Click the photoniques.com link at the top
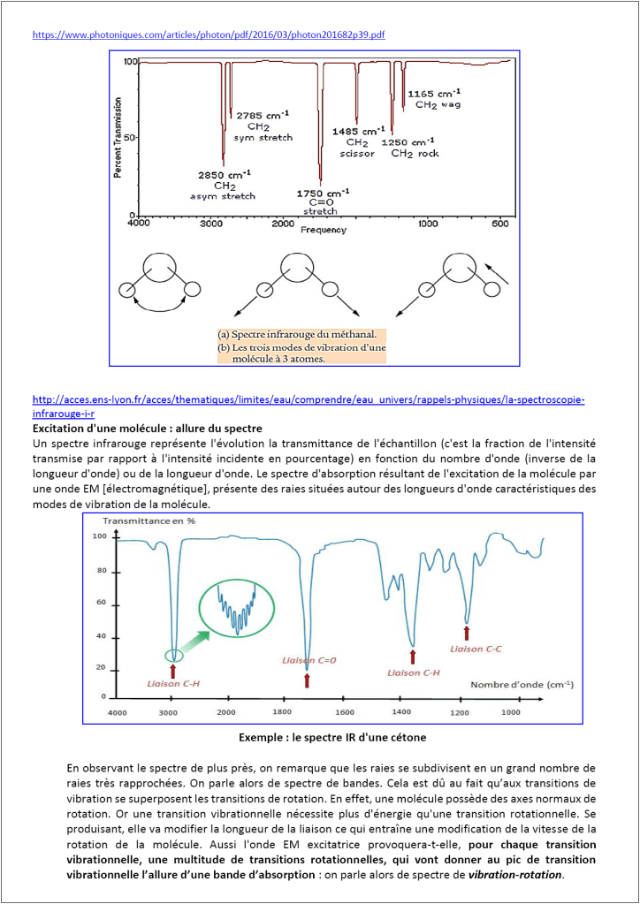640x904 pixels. [x=208, y=35]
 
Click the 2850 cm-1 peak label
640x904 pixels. [x=224, y=173]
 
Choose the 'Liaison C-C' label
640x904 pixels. [x=476, y=649]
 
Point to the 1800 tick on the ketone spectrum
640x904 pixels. [x=281, y=711]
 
